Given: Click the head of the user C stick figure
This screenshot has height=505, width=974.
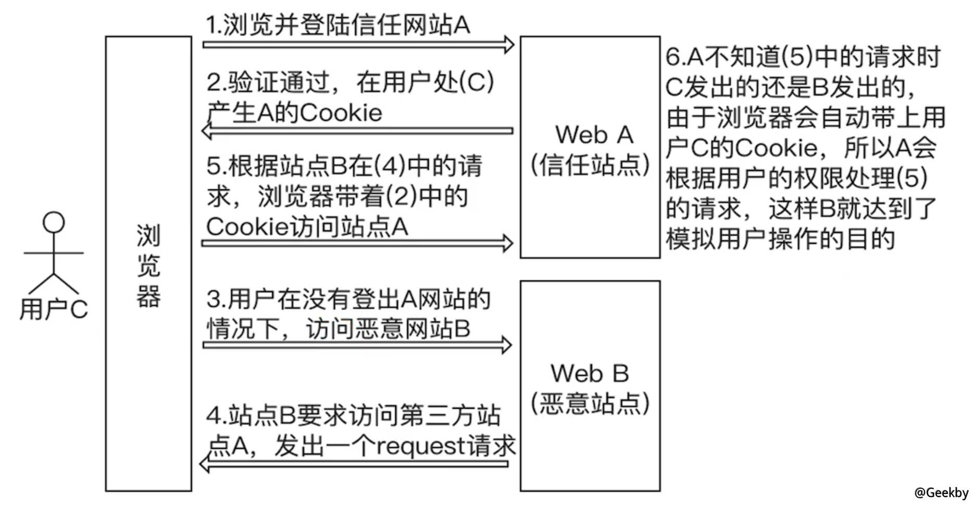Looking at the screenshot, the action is point(54,222).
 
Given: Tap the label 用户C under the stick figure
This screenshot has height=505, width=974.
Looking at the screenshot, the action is point(54,309).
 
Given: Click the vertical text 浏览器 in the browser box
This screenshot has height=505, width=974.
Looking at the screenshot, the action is point(148,266).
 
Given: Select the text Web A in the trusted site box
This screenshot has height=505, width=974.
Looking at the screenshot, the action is point(594,135).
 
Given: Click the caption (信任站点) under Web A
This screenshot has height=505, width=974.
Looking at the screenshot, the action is point(590,166).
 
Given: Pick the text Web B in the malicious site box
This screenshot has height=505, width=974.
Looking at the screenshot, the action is point(590,373).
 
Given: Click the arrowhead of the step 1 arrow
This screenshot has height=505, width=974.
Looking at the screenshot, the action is point(508,45).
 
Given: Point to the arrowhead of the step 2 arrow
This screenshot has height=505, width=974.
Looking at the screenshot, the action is point(207,130).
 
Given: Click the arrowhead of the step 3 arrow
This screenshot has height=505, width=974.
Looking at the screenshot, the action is point(506,345).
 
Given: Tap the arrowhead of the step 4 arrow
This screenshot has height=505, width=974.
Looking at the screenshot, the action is point(205,463).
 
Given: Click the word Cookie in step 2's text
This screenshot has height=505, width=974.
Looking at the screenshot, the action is point(341,113).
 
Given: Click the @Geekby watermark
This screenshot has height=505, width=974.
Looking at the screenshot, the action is point(941,492).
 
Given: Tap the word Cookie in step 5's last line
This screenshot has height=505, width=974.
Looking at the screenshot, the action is point(247,226).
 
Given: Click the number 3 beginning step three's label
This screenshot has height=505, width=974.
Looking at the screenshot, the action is point(213,299).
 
